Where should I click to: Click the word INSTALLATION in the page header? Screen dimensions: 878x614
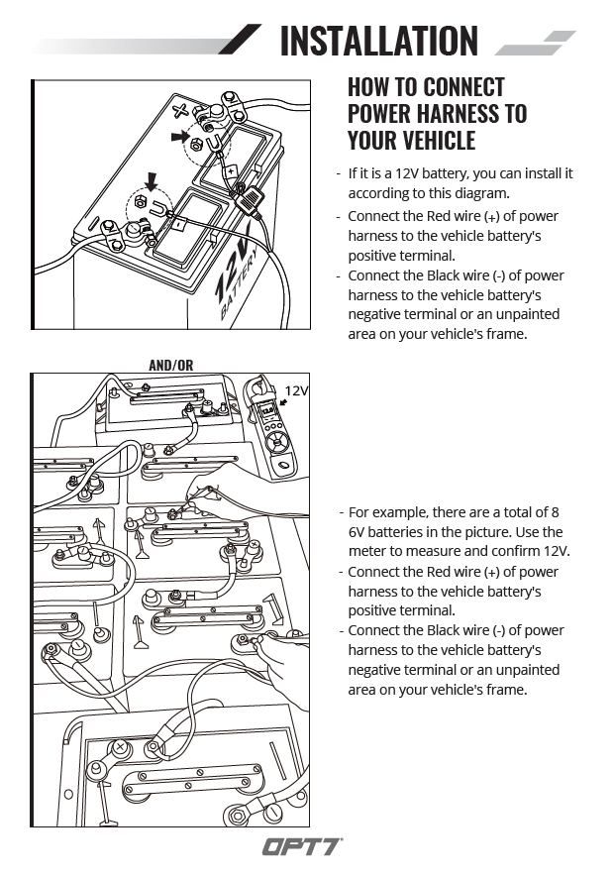coord(378,41)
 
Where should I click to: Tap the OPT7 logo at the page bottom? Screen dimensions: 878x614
coord(302,847)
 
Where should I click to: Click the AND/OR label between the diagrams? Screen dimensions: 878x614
coord(170,365)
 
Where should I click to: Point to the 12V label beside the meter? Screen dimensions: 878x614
coord(297,390)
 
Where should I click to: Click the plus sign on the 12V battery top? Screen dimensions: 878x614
coord(180,110)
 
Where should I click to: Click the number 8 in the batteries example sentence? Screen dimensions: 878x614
coord(555,512)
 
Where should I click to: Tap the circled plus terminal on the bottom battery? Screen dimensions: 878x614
coord(120,746)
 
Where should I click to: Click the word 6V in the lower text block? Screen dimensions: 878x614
coord(358,532)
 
